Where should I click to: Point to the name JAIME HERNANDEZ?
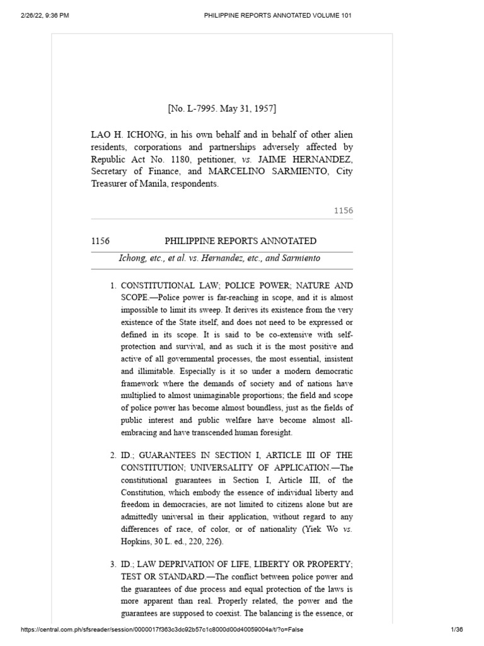[305, 160]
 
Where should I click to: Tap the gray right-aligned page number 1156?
[343, 211]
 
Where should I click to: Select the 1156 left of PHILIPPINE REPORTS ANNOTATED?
[101, 241]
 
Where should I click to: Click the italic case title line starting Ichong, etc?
[220, 258]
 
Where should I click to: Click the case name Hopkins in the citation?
[135, 541]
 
